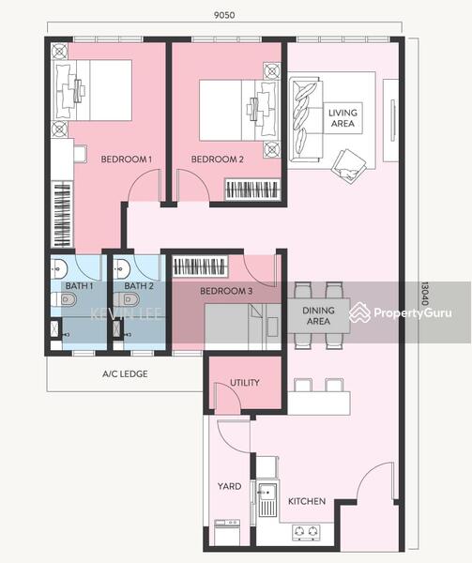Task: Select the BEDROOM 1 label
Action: point(126,160)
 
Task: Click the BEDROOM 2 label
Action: point(217,160)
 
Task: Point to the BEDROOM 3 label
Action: point(225,292)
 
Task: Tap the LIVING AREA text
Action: point(343,119)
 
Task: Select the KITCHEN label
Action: point(306,501)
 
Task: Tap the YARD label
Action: point(230,486)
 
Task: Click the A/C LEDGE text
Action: point(125,373)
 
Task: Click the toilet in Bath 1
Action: point(65,300)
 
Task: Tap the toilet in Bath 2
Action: point(129,300)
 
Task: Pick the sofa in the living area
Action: point(306,119)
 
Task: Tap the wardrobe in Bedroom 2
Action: point(252,190)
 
